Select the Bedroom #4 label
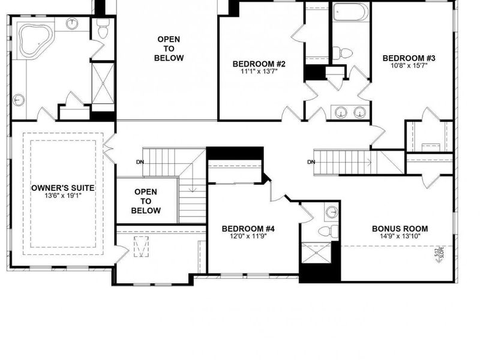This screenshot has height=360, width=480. pyautogui.click(x=248, y=229)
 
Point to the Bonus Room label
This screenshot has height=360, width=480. pyautogui.click(x=400, y=229)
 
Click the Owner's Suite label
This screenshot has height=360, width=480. pyautogui.click(x=63, y=187)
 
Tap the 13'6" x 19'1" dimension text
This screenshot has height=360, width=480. pyautogui.click(x=63, y=196)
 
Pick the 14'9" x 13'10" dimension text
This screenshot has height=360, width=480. pyautogui.click(x=400, y=237)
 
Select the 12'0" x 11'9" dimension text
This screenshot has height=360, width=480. pyautogui.click(x=248, y=237)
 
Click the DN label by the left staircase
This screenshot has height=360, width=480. pyautogui.click(x=140, y=162)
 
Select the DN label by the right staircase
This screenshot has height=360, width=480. pyautogui.click(x=311, y=162)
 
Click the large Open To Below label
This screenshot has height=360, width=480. pyautogui.click(x=169, y=49)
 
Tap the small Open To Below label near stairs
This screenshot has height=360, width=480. pyautogui.click(x=146, y=201)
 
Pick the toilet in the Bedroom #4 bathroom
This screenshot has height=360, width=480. pyautogui.click(x=326, y=231)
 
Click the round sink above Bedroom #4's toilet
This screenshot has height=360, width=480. pyautogui.click(x=331, y=211)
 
